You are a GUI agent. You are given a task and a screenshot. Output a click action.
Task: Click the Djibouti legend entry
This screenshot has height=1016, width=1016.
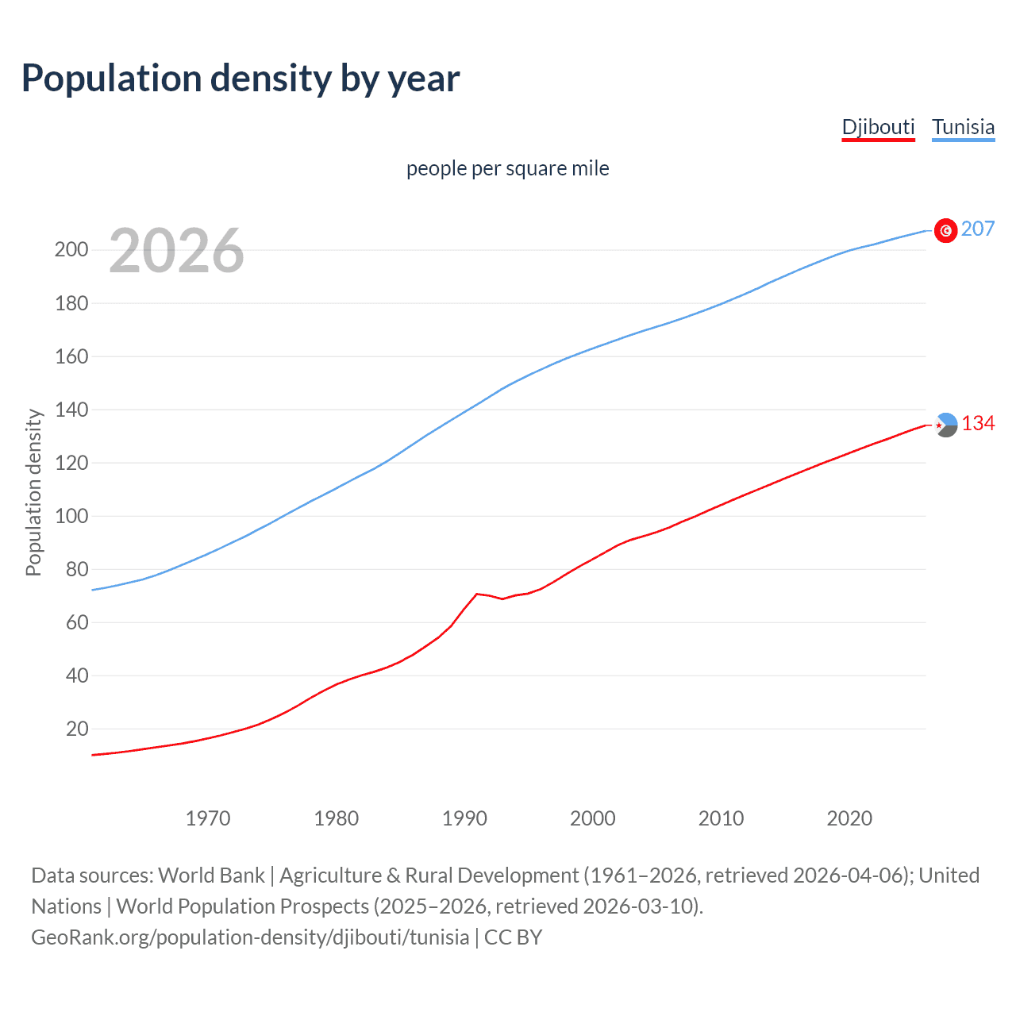tap(878, 127)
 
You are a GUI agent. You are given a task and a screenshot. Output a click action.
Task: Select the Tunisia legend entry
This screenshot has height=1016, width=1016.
tap(963, 127)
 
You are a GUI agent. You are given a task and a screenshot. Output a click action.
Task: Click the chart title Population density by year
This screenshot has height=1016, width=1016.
tap(241, 79)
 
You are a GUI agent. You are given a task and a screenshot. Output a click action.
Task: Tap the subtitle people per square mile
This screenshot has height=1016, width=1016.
tap(507, 168)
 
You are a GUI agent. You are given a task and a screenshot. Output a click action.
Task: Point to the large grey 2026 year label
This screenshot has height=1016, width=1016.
tap(176, 251)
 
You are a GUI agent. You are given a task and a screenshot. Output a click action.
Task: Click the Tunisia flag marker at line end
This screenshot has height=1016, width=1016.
tap(945, 230)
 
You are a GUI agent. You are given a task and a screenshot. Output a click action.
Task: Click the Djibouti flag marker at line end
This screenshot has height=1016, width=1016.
tap(945, 425)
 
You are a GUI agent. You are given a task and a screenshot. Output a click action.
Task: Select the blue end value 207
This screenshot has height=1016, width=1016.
tap(977, 229)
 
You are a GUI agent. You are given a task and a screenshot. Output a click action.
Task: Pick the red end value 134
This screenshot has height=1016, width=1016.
tap(978, 424)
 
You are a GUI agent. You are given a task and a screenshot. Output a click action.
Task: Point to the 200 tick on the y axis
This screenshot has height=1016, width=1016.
tap(71, 250)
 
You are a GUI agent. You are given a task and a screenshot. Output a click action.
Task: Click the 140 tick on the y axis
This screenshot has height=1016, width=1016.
tap(71, 410)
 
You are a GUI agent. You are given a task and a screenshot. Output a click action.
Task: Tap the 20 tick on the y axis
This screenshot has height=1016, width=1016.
tap(77, 729)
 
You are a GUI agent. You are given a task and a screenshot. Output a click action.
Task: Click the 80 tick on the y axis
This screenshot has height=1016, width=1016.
tap(77, 569)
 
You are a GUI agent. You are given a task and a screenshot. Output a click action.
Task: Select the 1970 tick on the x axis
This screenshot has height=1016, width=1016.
tap(208, 818)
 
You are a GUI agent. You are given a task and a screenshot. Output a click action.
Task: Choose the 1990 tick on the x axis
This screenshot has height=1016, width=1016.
tap(464, 818)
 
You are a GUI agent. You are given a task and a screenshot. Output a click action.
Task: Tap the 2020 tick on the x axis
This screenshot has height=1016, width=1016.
tap(849, 818)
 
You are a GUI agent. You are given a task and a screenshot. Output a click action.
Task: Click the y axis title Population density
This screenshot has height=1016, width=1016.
tap(33, 492)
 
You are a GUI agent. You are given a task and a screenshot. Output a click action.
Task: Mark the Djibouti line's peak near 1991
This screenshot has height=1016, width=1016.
tap(476, 594)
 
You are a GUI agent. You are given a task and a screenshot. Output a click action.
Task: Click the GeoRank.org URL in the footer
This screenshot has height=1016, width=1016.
tap(250, 937)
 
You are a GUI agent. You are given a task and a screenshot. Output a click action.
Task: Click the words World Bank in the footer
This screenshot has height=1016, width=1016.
tap(211, 876)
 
